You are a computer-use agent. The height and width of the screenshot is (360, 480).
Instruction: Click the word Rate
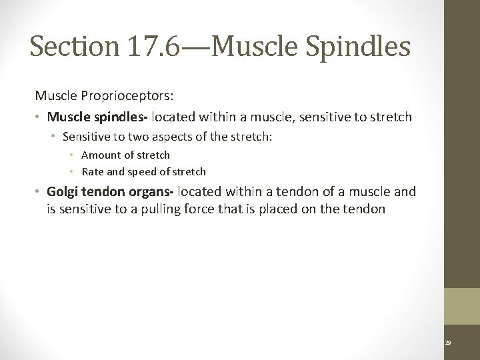(93, 171)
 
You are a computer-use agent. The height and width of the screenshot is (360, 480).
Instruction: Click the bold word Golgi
(63, 192)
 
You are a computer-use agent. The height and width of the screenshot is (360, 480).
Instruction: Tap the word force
(230, 210)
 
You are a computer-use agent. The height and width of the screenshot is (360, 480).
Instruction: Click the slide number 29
(448, 342)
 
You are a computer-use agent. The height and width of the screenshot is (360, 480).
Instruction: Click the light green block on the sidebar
(462, 306)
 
